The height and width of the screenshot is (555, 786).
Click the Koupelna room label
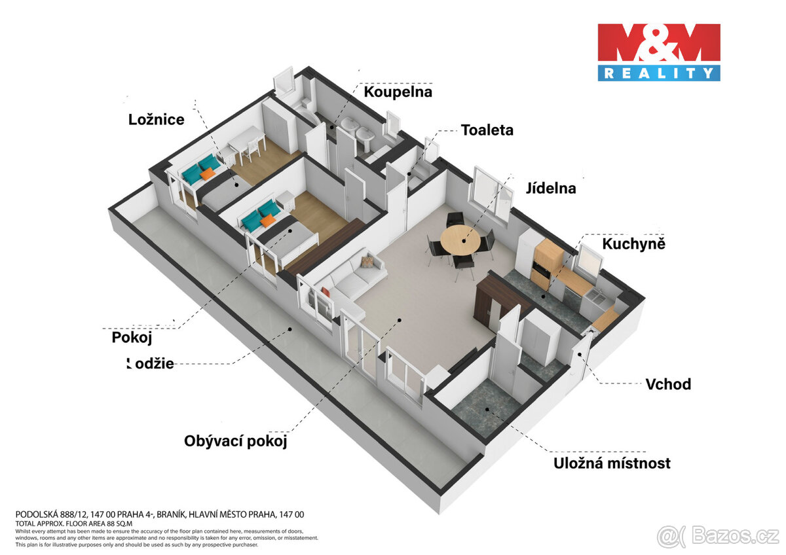coord(398,92)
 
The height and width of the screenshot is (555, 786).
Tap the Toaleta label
coord(487,130)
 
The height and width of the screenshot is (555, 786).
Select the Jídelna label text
coord(550,188)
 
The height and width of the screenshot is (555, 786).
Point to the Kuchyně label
coord(633,244)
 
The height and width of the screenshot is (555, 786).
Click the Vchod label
coord(667,384)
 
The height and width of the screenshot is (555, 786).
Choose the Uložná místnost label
coord(612,463)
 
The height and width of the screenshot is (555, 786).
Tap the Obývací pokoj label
coord(236,441)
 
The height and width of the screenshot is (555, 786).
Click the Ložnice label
coord(156,119)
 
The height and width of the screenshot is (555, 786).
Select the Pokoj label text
coord(132,338)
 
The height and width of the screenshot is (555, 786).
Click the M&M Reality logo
coord(658,52)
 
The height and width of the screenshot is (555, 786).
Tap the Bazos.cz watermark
coord(718,536)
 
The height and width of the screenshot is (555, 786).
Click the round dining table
coord(463,240)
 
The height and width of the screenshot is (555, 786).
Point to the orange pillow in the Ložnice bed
coord(208,174)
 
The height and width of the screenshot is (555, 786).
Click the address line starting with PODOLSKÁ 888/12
coord(159,514)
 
